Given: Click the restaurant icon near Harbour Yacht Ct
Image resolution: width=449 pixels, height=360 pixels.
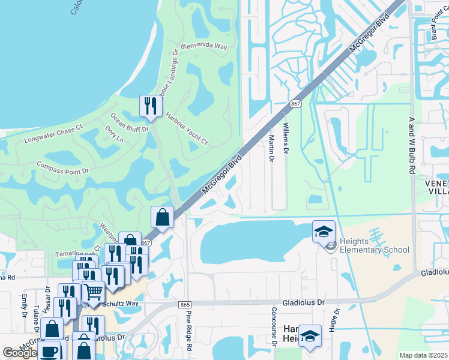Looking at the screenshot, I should pyautogui.click(x=149, y=106).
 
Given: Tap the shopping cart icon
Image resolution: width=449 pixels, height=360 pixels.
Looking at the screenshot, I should pyautogui.click(x=92, y=292).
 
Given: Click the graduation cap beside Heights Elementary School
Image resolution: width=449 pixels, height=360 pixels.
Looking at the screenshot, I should pyautogui.click(x=323, y=232).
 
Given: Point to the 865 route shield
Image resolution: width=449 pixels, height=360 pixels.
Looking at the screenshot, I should pyautogui.click(x=185, y=305).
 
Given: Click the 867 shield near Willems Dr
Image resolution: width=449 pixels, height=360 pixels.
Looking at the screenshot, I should pyautogui.click(x=295, y=104).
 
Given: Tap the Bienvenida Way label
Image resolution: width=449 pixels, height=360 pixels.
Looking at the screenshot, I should pyautogui.click(x=204, y=46).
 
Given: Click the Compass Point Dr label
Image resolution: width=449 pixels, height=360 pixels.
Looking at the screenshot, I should pyautogui.click(x=62, y=167).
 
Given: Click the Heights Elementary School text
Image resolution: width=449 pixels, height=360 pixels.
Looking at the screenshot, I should pyautogui.click(x=375, y=245).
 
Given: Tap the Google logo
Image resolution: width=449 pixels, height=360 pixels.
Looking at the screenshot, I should pyautogui.click(x=19, y=353).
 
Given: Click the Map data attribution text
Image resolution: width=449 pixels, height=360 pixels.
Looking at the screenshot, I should pyautogui.click(x=423, y=355).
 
